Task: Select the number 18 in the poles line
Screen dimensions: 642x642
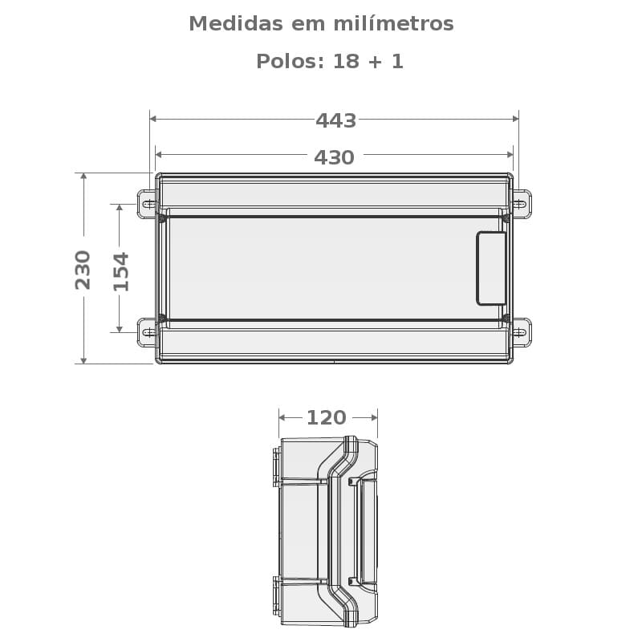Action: (346, 62)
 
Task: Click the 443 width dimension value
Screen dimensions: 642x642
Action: (335, 120)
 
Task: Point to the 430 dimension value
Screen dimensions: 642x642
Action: (334, 157)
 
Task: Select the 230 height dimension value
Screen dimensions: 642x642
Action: (83, 270)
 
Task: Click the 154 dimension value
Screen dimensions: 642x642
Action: (120, 271)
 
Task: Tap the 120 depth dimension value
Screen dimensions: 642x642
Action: (326, 418)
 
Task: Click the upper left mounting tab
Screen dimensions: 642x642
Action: (147, 204)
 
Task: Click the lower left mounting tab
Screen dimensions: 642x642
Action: (147, 331)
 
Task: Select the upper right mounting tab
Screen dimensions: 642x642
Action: (522, 204)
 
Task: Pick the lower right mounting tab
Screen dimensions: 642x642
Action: (522, 331)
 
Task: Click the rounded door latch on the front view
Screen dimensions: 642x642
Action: (491, 268)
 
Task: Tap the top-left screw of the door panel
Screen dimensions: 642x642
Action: (162, 217)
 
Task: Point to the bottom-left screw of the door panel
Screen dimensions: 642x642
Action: (162, 319)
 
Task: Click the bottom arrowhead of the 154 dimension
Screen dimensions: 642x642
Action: (120, 328)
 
